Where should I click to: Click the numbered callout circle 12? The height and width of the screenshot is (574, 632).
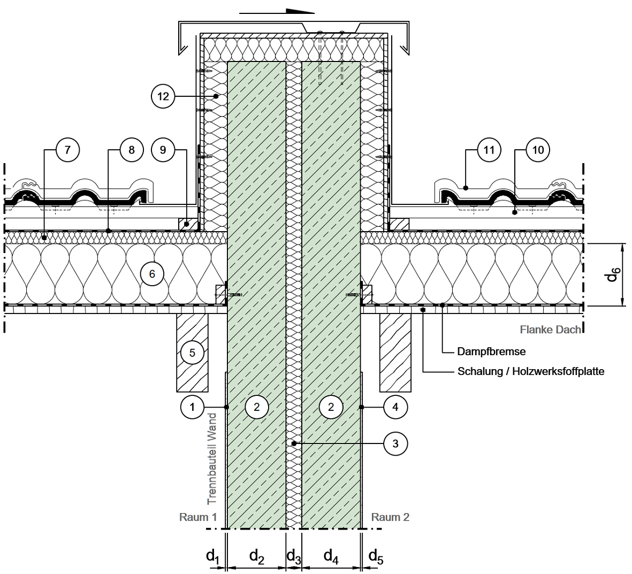coord(163,96)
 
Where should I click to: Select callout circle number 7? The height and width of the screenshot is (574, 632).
coord(67,150)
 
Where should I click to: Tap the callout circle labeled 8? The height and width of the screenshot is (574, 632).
coord(132,150)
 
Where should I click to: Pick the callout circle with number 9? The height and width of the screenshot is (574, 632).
coord(163,150)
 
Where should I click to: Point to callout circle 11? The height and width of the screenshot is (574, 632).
coord(489,150)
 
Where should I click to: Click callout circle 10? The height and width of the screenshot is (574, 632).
coord(538,150)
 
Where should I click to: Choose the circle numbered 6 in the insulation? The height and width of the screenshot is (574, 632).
coord(152,274)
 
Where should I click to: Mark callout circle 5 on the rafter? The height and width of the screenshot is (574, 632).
coord(192,353)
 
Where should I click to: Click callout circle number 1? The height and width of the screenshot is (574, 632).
coord(192,407)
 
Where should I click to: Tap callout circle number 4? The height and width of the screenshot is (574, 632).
coord(395,407)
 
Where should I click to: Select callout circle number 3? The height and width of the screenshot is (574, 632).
coord(395,443)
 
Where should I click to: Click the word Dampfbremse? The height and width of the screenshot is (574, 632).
coord(491,351)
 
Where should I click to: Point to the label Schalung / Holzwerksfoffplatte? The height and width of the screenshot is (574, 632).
coord(531,371)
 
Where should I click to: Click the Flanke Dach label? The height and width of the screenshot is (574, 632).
coord(551,330)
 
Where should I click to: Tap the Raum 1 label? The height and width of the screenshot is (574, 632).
coord(198,517)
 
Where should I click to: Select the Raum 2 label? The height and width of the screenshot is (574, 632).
coord(390,517)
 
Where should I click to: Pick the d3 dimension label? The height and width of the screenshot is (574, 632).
coord(293,557)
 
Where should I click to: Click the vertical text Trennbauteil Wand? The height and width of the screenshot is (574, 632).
coord(212,459)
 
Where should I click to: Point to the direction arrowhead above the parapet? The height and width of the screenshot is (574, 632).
coord(300,11)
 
